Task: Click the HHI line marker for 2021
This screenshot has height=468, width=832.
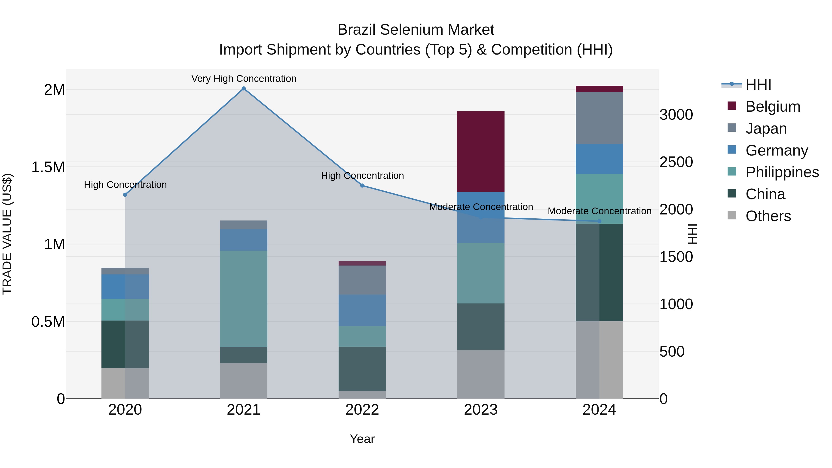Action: (244, 89)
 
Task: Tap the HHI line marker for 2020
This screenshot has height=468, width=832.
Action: (125, 195)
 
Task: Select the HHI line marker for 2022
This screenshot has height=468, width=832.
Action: (362, 186)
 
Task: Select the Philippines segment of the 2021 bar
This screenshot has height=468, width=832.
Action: (244, 299)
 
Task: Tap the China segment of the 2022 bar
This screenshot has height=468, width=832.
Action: (362, 369)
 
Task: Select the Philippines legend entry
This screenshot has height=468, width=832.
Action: (782, 172)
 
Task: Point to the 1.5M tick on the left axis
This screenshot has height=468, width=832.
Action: (48, 167)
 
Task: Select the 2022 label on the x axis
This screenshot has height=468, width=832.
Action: (362, 410)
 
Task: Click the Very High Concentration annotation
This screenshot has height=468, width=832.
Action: (244, 79)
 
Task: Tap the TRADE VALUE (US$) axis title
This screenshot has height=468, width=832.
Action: (7, 234)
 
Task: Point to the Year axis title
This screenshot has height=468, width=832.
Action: (362, 439)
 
